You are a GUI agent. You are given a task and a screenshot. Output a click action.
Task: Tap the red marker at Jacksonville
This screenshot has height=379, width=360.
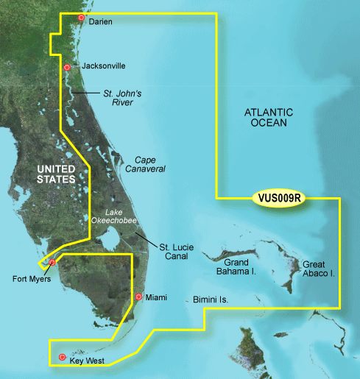coord(67,68)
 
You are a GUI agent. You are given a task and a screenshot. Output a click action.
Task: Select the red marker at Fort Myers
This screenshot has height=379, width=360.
coord(52,262)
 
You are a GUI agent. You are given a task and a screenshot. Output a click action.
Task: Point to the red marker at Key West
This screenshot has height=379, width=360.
coord(61,358)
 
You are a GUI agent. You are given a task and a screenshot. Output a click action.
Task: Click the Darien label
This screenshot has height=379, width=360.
coord(100,22)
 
